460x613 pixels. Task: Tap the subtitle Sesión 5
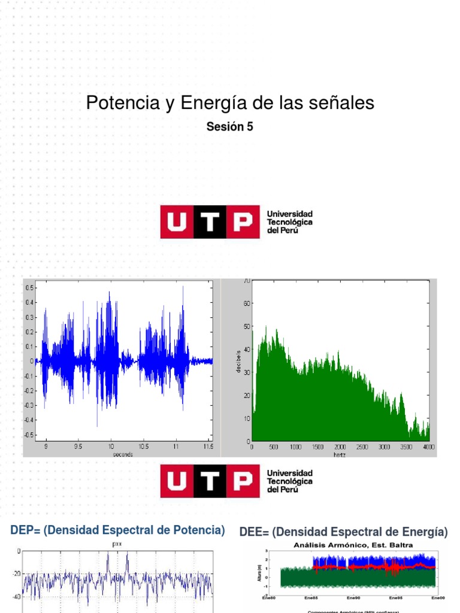[x=230, y=126]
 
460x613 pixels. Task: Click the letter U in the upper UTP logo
[x=177, y=222]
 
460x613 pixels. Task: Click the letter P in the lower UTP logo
[x=243, y=481]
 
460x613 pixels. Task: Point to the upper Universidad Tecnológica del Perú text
[x=289, y=222]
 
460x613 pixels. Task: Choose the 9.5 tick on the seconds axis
[x=78, y=447]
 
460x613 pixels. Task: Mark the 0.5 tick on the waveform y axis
[x=29, y=288]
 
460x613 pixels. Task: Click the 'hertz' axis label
[x=340, y=454]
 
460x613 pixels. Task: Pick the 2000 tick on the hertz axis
[x=340, y=447]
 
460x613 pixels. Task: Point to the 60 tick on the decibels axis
[x=247, y=304]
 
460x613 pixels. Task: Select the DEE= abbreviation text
[x=254, y=532]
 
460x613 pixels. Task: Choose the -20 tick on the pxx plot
[x=16, y=573]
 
